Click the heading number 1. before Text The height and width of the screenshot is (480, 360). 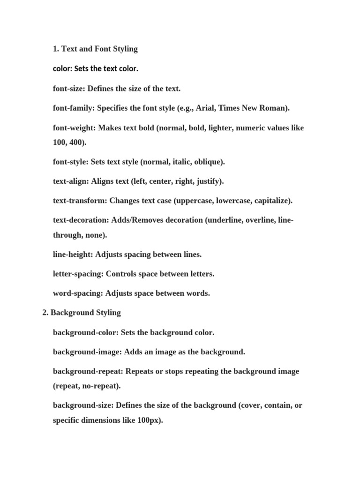click(x=56, y=49)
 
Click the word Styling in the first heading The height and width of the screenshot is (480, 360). click(x=123, y=49)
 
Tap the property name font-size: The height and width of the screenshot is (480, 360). click(x=69, y=89)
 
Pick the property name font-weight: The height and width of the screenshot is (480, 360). click(x=75, y=128)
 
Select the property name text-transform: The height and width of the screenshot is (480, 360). click(x=80, y=201)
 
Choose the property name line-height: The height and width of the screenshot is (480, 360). click(x=73, y=255)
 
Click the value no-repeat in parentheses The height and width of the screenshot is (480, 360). click(x=101, y=386)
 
